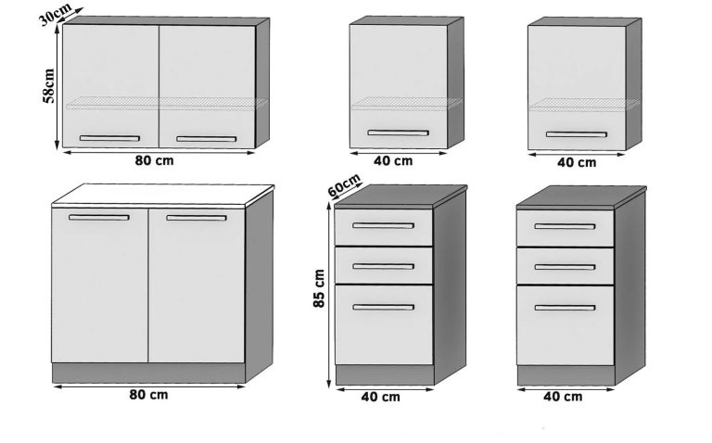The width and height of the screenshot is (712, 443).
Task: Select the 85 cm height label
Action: pyautogui.click(x=319, y=290)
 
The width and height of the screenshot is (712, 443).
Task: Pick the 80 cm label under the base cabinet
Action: pyautogui.click(x=150, y=395)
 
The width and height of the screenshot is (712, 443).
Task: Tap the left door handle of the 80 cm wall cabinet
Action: pyautogui.click(x=109, y=138)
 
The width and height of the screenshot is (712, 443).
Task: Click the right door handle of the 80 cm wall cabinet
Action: pyautogui.click(x=207, y=139)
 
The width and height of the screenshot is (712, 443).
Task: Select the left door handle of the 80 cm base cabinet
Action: pyautogui.click(x=98, y=217)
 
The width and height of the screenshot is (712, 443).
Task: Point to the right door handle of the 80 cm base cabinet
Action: pyautogui.click(x=196, y=217)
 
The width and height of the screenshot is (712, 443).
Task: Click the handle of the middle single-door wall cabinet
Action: pyautogui.click(x=397, y=133)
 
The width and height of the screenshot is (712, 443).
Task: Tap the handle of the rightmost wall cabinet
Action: pyautogui.click(x=576, y=134)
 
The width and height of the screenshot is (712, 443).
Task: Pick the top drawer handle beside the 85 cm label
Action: pyautogui.click(x=383, y=225)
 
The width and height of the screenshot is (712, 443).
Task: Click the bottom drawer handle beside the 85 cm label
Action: pyautogui.click(x=383, y=307)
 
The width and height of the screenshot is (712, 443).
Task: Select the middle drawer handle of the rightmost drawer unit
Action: pyautogui.click(x=565, y=267)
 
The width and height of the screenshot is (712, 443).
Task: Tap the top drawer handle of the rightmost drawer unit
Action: pyautogui.click(x=565, y=226)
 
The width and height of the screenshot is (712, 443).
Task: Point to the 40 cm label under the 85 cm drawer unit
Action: pyautogui.click(x=379, y=398)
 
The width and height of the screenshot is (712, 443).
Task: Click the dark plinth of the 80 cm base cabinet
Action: pyautogui.click(x=148, y=373)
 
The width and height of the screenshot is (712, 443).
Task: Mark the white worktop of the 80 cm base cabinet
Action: pyautogui.click(x=162, y=196)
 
